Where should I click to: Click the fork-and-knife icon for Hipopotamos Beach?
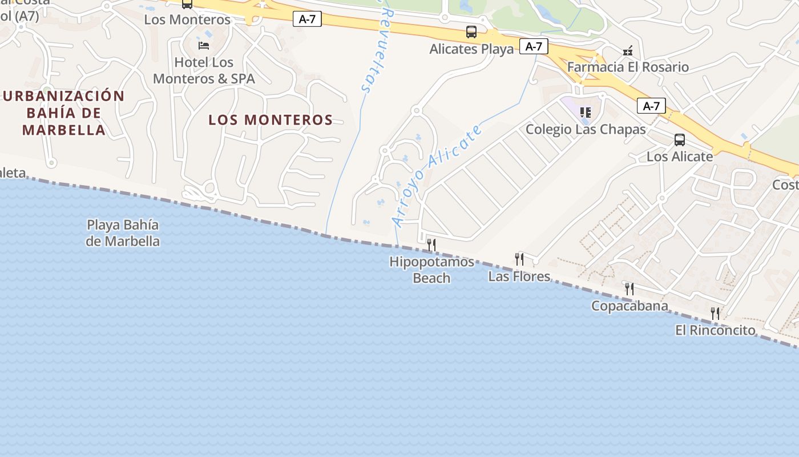point(431,245)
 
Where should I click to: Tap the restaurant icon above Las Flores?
point(519,259)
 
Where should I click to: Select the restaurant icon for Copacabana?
point(629,289)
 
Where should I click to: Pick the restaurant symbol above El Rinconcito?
point(715,314)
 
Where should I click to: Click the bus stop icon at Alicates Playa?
point(471,32)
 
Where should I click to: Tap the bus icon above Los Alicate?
point(679,140)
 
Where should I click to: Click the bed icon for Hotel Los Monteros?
point(204,45)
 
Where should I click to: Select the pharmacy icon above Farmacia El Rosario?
point(628,51)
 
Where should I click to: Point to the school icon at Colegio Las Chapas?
point(585,113)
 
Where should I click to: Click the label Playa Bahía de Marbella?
point(123,233)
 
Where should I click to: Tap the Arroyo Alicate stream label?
point(438,175)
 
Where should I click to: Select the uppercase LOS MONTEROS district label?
point(271,120)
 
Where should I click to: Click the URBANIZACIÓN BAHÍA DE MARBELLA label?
point(63,113)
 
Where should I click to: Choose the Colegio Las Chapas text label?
point(586,129)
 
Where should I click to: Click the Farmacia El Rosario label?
point(628,67)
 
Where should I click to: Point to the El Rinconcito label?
point(715,330)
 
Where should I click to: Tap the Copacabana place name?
point(629,306)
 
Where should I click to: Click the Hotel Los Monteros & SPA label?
point(204,70)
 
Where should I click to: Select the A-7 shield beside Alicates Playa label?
point(534,46)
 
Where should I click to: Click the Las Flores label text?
point(519,276)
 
